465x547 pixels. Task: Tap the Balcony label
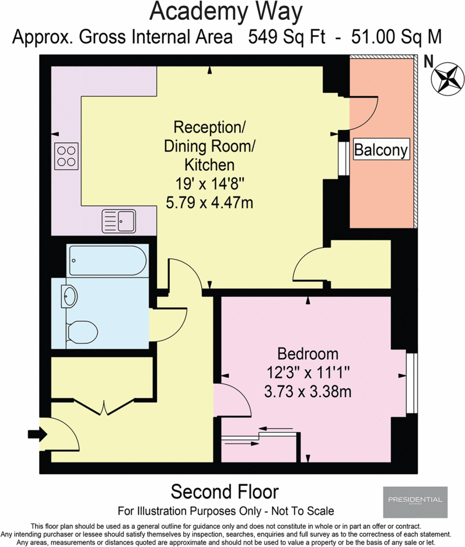(382, 150)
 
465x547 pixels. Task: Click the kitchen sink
(118, 220)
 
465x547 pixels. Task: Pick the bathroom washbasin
(69, 296)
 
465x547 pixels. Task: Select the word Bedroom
(307, 353)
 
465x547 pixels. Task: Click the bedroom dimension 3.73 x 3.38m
(307, 391)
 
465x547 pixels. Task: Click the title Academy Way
(226, 11)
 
